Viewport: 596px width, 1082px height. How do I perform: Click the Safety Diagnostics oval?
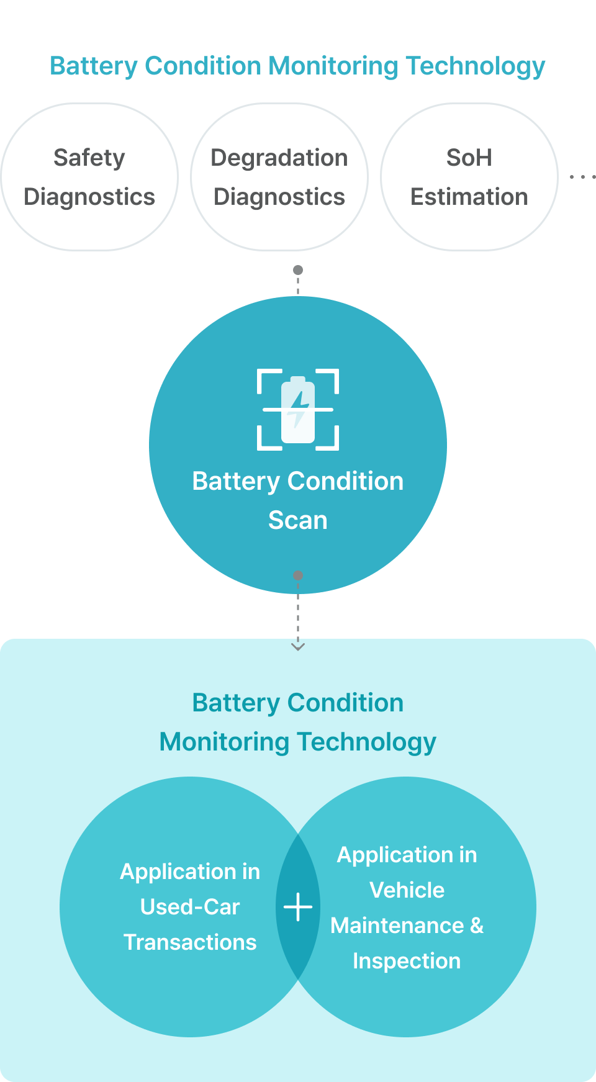click(89, 177)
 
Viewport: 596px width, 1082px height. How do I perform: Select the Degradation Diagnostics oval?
click(279, 177)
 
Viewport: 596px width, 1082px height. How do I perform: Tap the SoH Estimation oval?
click(469, 177)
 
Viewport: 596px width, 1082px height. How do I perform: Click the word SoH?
click(469, 158)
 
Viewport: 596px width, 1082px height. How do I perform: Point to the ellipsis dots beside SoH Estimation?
click(582, 177)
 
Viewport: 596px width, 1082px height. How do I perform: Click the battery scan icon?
click(298, 410)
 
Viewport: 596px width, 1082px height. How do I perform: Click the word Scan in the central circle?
click(298, 520)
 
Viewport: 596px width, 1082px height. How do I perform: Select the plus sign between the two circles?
click(298, 907)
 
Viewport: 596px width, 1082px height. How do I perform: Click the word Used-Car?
click(190, 907)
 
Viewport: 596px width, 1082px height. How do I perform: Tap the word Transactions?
click(190, 942)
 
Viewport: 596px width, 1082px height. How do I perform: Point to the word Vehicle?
click(407, 890)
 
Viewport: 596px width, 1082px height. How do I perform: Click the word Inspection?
click(407, 961)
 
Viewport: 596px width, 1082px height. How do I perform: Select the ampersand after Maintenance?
click(477, 926)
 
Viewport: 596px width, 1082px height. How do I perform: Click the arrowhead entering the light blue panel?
click(298, 647)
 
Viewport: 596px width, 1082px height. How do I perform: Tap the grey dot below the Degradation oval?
click(298, 270)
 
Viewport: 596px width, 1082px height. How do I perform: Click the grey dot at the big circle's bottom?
click(298, 575)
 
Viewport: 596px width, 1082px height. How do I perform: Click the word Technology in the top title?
click(476, 66)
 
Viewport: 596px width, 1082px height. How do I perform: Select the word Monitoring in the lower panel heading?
click(224, 742)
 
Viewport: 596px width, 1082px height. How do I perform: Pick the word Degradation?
click(279, 158)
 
